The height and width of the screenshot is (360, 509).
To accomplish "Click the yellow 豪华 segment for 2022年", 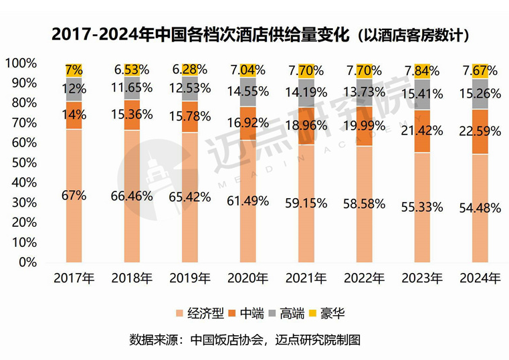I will [365, 70].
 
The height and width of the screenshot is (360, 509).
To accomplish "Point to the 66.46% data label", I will [132, 196].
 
